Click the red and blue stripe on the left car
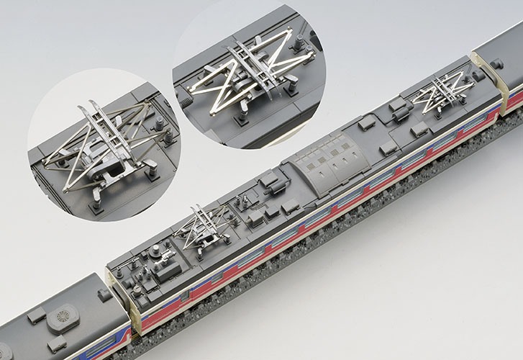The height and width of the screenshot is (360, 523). point(122,338)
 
